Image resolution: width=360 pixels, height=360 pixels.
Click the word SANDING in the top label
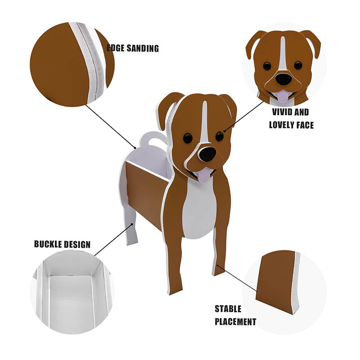[140, 49]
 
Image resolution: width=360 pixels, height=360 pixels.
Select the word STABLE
[228, 309]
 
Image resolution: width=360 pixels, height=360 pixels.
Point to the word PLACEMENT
[235, 322]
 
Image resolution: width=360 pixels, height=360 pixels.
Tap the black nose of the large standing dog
[207, 154]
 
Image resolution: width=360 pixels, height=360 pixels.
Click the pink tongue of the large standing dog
[204, 175]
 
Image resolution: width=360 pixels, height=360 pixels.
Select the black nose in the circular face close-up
[283, 79]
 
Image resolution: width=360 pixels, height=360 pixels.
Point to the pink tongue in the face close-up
[282, 96]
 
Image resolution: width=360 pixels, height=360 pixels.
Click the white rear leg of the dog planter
[130, 229]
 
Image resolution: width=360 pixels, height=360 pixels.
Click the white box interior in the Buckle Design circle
[70, 301]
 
